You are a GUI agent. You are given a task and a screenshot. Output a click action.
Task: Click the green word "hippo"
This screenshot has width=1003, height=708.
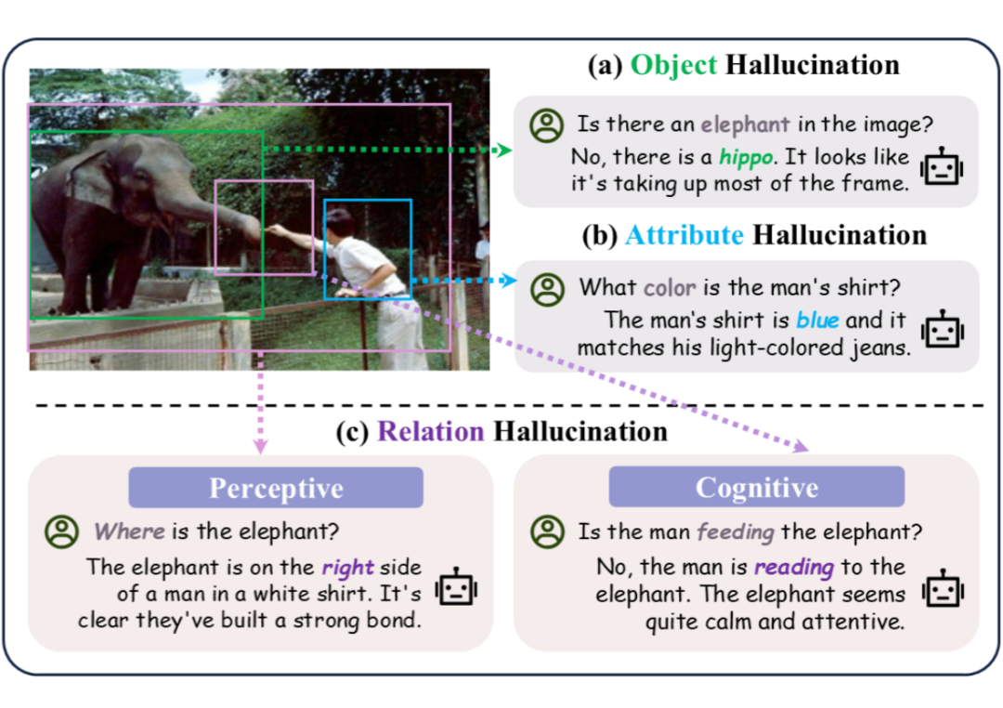pos(746,157)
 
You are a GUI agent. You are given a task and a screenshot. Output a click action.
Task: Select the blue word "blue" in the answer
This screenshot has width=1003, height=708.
pos(817,320)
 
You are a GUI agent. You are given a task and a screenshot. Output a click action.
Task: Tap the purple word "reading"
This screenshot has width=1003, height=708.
pos(794,567)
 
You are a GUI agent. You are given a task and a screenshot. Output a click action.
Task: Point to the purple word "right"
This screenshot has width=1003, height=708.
pos(348,568)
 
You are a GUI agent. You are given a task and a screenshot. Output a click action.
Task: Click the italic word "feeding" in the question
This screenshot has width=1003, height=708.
pos(736,532)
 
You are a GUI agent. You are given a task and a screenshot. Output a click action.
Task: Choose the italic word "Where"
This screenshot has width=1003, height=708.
pos(129,531)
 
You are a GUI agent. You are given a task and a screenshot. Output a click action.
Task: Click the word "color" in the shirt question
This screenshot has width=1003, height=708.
pos(670,287)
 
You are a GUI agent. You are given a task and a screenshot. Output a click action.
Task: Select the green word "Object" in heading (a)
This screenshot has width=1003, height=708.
pos(674,65)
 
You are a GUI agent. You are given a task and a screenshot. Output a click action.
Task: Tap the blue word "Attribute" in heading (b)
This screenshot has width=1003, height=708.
pos(684,235)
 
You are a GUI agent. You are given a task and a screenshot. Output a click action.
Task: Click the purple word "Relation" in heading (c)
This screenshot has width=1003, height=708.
pos(431,431)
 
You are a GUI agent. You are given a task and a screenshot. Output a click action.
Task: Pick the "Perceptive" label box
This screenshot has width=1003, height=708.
pos(276,488)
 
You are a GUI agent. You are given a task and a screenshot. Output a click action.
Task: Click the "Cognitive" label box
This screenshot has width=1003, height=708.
pos(757,487)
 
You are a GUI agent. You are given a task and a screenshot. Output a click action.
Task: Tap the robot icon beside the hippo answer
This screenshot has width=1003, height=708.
pos(942,166)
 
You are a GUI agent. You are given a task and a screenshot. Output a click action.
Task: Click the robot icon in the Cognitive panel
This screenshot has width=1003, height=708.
pos(943,587)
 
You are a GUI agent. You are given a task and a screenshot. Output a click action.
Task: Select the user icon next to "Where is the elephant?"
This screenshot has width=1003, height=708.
pos(62,531)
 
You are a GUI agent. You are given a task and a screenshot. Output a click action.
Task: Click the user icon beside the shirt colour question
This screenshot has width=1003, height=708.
pos(548,289)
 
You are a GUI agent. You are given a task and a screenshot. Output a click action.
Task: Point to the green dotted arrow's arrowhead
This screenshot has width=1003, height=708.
pos(503,150)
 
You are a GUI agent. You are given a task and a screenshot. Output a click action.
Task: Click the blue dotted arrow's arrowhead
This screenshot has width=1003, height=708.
pos(509,281)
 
